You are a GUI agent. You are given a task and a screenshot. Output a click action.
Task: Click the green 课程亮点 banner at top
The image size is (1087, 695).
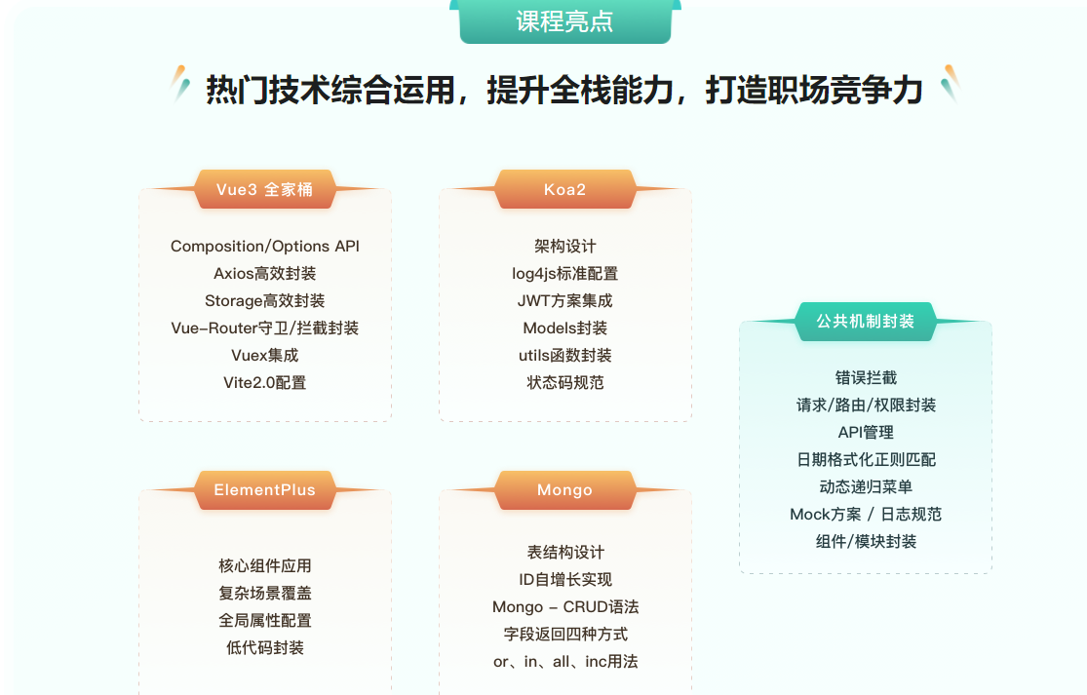click(x=564, y=21)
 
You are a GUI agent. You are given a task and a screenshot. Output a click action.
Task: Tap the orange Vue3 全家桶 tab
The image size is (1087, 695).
click(x=264, y=189)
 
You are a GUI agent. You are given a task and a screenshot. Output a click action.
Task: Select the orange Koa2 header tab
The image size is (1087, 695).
click(x=564, y=189)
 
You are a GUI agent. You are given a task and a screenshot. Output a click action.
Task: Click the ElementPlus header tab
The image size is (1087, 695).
click(x=264, y=490)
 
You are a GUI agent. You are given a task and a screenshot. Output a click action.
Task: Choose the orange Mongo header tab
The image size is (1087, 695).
click(x=564, y=490)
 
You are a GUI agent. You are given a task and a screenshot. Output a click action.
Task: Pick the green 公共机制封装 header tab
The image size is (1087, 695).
click(x=865, y=322)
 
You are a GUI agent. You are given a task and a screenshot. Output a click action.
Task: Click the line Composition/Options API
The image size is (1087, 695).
click(x=264, y=247)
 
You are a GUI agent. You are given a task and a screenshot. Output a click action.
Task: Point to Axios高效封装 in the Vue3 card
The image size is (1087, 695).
click(x=264, y=274)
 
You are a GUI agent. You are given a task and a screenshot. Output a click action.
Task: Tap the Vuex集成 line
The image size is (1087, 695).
click(x=264, y=356)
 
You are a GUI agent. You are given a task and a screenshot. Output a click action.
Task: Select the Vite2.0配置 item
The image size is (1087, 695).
click(x=264, y=383)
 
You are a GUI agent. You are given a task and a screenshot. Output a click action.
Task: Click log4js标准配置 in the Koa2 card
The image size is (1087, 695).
click(x=564, y=274)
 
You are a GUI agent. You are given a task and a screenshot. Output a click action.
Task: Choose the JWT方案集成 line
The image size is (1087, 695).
click(x=564, y=301)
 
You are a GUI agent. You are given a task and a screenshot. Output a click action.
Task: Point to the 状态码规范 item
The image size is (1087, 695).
click(x=564, y=383)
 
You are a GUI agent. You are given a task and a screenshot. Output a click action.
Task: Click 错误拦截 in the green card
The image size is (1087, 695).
click(x=865, y=378)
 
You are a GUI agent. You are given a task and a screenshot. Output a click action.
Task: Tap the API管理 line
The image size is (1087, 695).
click(x=865, y=433)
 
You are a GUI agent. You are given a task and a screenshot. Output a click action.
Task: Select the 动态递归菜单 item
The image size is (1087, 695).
click(x=865, y=487)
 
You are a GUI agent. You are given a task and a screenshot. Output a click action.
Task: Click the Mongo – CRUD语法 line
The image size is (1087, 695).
click(x=564, y=607)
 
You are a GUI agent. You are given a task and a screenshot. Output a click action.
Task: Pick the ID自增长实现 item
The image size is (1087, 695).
click(x=564, y=580)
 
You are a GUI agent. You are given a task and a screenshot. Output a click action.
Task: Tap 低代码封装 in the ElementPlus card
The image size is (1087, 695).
click(x=264, y=648)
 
